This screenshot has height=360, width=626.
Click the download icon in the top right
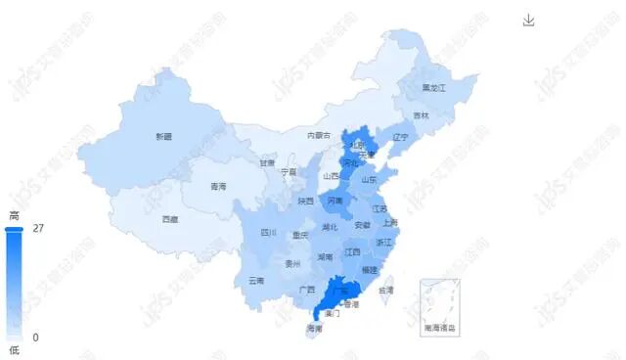[529, 21]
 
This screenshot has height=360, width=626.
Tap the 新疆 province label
[162, 136]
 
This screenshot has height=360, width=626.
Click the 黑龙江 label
[433, 87]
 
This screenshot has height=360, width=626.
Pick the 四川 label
[269, 233]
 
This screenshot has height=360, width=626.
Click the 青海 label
[218, 186]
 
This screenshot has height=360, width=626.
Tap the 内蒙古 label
[319, 135]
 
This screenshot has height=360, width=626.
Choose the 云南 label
[256, 280]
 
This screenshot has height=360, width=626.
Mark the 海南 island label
[314, 328]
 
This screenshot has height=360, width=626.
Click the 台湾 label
[386, 290]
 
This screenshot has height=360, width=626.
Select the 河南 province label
[335, 201]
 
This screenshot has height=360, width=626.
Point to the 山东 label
[369, 179]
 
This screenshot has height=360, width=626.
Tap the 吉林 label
[421, 115]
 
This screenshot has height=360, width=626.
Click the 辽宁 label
[399, 138]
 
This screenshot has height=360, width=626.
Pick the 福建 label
[369, 268]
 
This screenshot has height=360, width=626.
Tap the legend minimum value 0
[36, 337]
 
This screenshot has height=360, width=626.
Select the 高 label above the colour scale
[15, 214]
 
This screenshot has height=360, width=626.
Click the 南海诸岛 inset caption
[440, 328]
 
